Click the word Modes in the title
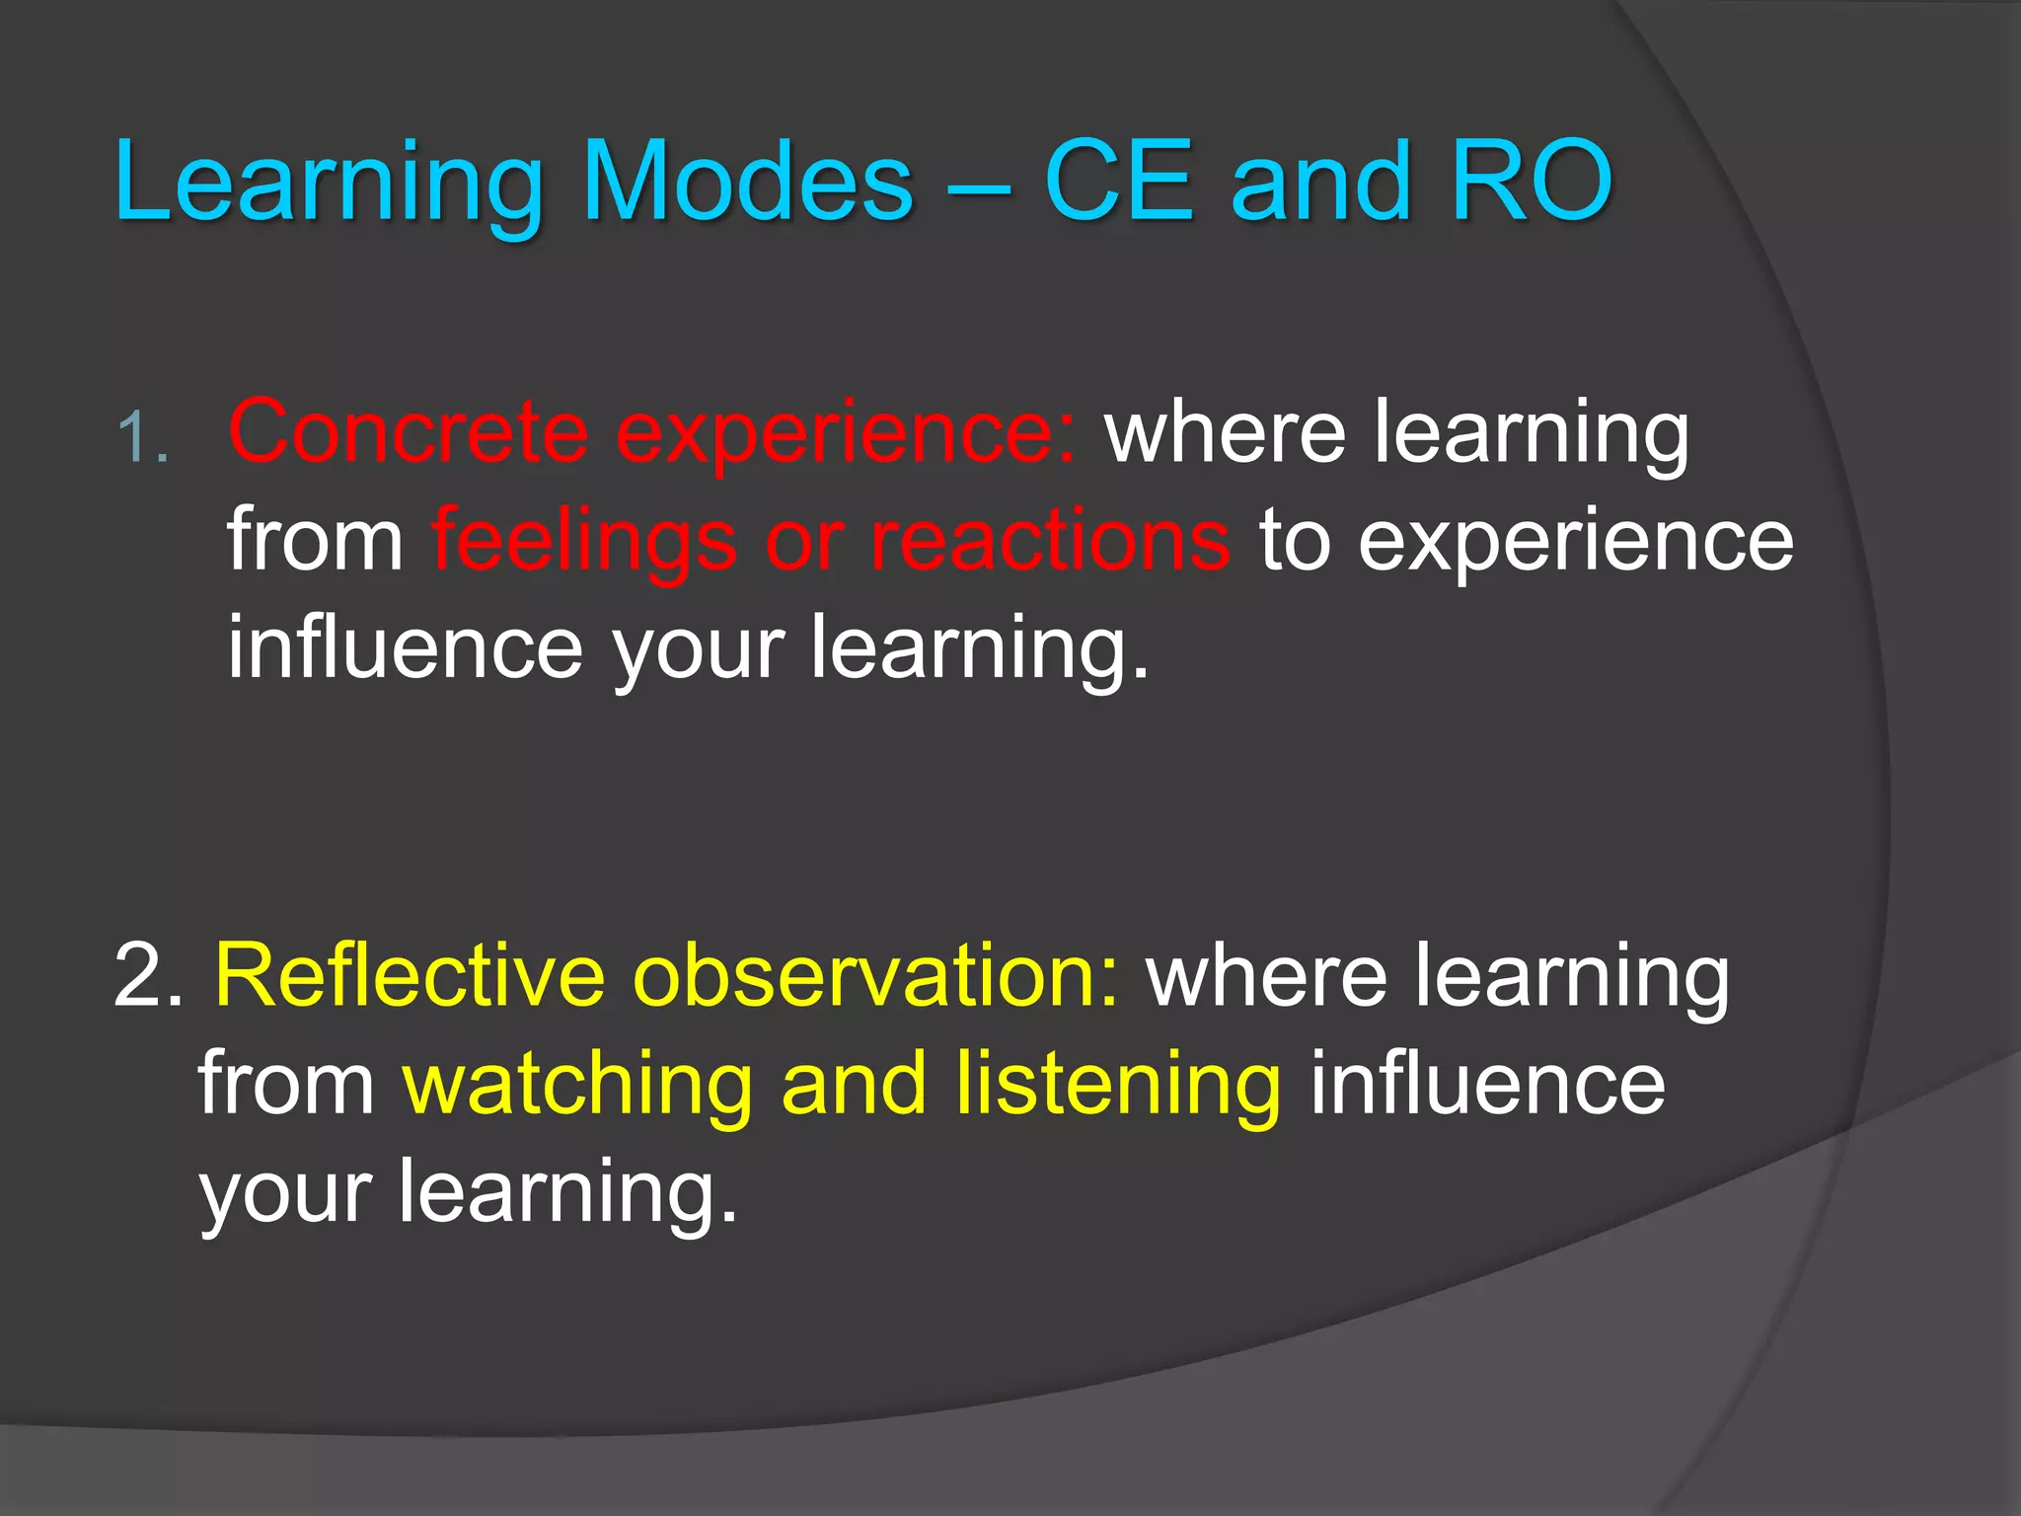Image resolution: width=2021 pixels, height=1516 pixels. (x=748, y=181)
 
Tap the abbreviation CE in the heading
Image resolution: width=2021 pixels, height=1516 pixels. (x=1119, y=181)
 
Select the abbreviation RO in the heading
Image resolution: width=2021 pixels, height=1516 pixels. (x=1531, y=181)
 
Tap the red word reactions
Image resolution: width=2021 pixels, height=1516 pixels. (x=1050, y=540)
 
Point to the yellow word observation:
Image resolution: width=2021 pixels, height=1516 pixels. (x=876, y=975)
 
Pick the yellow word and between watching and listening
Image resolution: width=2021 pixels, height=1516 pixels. (x=855, y=1084)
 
